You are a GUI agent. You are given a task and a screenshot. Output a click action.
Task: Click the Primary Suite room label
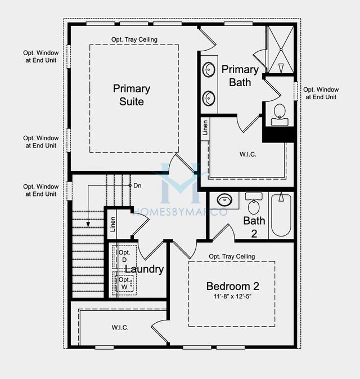click(132, 95)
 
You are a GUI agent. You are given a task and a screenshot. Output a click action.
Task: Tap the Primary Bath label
click(240, 76)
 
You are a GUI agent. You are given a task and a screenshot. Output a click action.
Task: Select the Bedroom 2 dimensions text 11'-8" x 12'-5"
click(232, 296)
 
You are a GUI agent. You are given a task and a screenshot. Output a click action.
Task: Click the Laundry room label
click(144, 269)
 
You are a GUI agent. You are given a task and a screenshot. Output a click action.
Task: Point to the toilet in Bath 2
click(254, 203)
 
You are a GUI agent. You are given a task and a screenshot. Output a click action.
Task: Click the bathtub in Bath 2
click(281, 215)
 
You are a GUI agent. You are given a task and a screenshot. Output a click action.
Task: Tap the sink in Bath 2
click(224, 200)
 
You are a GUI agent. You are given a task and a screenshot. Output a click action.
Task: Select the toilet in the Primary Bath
click(280, 115)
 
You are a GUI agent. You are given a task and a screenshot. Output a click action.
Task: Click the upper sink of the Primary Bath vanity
click(209, 70)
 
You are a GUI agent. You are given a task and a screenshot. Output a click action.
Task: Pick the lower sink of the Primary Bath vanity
click(209, 98)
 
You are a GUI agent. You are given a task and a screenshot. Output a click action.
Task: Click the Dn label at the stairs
click(137, 186)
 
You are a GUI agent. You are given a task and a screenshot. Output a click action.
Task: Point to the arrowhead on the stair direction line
click(88, 224)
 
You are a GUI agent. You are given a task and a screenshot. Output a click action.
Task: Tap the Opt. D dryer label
click(124, 256)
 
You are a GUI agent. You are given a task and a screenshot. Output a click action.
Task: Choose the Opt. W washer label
click(124, 283)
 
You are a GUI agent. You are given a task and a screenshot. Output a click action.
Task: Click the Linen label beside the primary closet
click(205, 128)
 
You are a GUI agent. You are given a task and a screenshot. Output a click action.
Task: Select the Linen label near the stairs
click(112, 224)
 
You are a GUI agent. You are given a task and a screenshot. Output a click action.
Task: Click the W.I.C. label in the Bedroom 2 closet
click(120, 328)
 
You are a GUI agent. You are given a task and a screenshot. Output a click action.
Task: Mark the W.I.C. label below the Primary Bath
click(248, 154)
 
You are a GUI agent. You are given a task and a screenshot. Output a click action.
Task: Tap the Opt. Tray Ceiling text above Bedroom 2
click(232, 256)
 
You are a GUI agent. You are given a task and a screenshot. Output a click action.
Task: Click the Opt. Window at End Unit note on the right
click(321, 93)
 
